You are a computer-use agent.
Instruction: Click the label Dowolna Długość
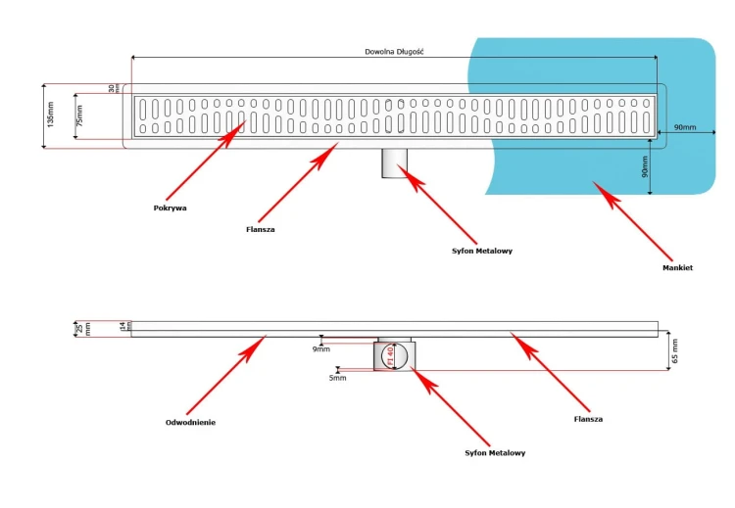(x=393, y=51)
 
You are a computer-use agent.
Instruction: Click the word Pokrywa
(x=170, y=208)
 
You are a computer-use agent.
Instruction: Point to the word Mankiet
(x=678, y=267)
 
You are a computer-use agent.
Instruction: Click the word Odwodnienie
(x=190, y=422)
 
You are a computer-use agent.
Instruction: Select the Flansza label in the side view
(x=588, y=418)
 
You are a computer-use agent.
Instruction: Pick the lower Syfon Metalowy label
(x=494, y=452)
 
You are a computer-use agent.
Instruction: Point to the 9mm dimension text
(x=321, y=348)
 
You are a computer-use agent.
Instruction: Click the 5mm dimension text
(x=337, y=377)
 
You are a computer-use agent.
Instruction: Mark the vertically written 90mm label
(x=645, y=167)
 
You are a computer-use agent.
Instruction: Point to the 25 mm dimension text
(x=83, y=328)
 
